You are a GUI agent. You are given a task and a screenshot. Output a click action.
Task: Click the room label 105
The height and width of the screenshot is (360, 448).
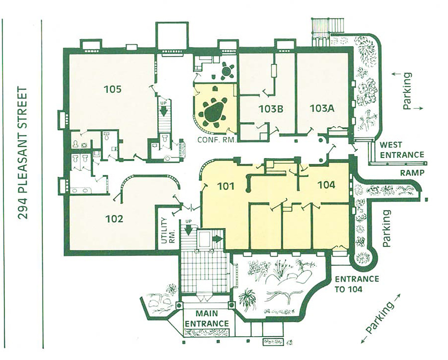point(112,90)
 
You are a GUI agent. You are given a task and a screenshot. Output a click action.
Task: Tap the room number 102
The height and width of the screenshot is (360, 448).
point(114,219)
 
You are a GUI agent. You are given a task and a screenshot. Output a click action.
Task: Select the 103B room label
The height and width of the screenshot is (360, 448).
point(271,109)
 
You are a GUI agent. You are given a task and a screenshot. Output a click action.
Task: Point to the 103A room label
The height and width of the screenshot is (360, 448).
point(322,108)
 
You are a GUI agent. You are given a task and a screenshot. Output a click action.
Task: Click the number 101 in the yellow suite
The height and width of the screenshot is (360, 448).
point(226,186)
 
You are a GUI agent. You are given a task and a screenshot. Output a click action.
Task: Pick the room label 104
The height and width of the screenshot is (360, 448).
point(327,185)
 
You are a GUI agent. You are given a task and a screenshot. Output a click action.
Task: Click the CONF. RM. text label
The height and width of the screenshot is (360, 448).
point(216,140)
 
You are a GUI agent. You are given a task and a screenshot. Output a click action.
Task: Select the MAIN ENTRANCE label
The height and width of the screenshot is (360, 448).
point(207,318)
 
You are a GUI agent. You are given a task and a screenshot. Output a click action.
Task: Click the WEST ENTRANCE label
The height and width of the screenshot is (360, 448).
point(402,150)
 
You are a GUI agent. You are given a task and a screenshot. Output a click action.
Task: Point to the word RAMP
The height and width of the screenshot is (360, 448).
point(412,173)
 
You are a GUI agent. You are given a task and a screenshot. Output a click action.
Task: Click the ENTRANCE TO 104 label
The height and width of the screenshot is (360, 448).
point(357,284)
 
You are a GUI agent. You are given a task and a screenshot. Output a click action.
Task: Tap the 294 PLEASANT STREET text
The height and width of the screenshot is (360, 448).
point(22,153)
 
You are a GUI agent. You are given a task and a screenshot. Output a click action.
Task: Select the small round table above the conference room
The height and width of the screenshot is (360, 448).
point(227,70)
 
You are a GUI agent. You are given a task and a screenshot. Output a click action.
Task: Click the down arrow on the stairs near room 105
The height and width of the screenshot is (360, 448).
point(164,110)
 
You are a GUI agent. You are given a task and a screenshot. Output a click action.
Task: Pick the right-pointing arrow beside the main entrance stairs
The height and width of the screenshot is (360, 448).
point(217,239)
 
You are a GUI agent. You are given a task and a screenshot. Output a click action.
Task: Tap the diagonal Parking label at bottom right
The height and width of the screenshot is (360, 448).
point(381,319)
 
